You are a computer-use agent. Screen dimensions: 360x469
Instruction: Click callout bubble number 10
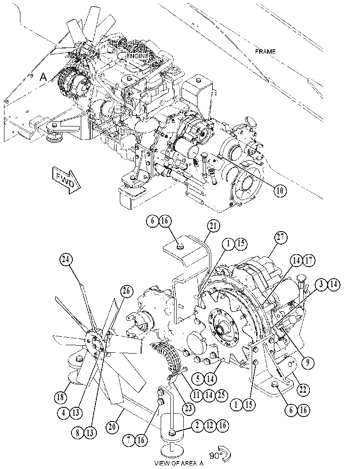280,191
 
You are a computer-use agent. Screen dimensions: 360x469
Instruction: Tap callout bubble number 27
281,238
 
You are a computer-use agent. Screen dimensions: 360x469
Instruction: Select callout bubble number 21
213,227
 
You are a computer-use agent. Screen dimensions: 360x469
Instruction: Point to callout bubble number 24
66,260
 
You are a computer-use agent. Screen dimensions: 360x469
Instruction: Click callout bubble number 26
127,291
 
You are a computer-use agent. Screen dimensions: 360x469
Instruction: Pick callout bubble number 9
308,363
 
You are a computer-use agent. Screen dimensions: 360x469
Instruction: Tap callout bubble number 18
60,398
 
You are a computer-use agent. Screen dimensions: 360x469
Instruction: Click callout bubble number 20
111,427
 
